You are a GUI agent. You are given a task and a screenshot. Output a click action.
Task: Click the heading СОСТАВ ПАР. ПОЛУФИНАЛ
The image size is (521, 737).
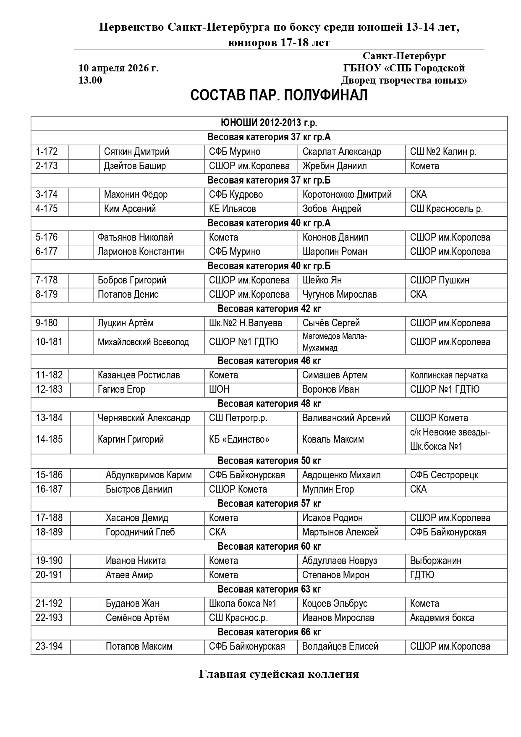tap(279, 96)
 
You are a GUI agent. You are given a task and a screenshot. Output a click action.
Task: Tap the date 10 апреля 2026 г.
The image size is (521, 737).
tap(118, 68)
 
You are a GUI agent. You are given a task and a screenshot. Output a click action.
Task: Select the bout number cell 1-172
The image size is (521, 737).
tap(47, 152)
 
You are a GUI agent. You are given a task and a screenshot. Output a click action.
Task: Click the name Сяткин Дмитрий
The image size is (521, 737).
tap(136, 152)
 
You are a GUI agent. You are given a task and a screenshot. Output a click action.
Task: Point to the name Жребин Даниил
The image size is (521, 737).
tap(334, 166)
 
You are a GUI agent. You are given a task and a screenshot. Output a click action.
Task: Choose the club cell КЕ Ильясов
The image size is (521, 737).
tap(232, 209)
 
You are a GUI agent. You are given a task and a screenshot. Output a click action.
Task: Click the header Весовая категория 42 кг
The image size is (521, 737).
tap(269, 309)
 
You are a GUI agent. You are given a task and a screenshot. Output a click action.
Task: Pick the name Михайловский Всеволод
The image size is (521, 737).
tap(143, 342)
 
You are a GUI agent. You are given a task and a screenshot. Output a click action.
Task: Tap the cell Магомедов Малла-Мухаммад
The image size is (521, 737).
tap(335, 342)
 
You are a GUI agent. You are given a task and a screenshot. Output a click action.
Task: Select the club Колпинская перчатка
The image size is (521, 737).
tap(449, 375)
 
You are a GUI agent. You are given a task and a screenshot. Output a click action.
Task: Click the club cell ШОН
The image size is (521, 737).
tap(219, 389)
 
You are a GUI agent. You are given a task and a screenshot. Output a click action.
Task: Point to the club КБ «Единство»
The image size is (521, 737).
tap(239, 439)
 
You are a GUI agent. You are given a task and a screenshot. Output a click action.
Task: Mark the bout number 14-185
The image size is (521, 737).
tap(49, 439)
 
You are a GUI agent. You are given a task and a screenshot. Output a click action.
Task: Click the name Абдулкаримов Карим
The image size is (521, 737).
tap(149, 475)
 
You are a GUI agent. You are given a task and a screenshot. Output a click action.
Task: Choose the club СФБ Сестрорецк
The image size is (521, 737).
tap(444, 475)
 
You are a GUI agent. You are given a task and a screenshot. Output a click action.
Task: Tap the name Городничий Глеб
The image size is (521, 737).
tap(140, 532)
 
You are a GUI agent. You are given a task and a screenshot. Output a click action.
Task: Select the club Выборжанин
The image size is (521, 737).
tap(435, 561)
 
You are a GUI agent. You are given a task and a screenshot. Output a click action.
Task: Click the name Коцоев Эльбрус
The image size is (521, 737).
tap(335, 603)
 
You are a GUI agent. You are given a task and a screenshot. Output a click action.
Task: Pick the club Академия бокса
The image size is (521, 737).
tap(442, 618)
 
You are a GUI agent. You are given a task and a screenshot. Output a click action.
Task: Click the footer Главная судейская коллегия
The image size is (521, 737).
tap(279, 674)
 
